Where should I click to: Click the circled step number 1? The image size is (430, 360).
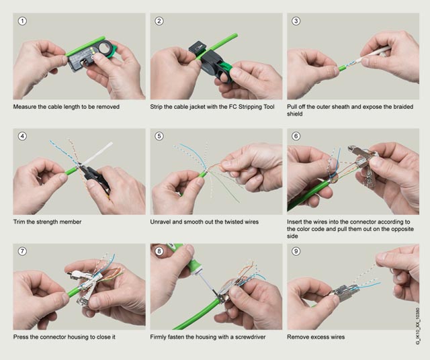[22, 21]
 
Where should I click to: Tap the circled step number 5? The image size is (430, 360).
[159, 136]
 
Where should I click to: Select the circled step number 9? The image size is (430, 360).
[296, 251]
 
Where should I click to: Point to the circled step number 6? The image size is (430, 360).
[296, 136]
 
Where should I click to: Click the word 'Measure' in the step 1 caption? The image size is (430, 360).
[24, 107]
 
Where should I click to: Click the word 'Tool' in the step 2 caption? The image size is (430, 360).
[268, 107]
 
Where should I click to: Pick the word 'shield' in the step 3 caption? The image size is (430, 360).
[295, 114]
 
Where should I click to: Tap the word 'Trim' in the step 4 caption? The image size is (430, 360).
[19, 222]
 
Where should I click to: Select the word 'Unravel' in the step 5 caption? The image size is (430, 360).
[160, 222]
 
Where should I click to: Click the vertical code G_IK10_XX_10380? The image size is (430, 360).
[418, 326]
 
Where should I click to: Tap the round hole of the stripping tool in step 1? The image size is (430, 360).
[104, 48]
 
